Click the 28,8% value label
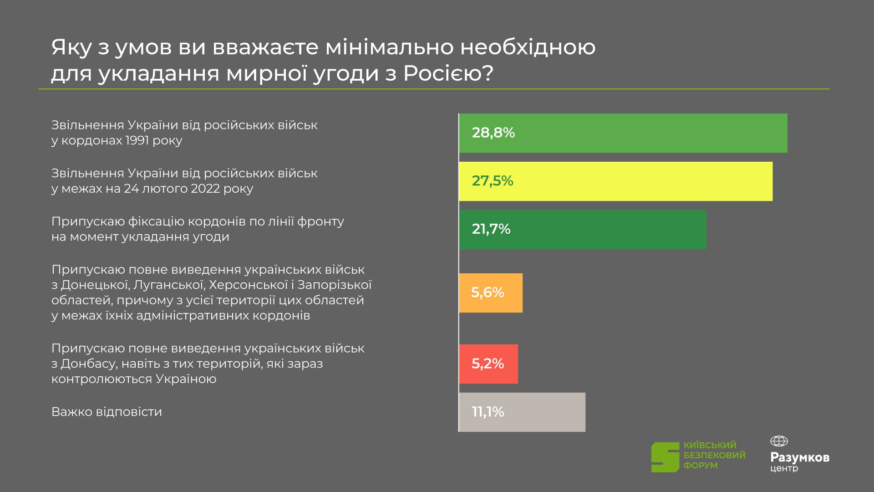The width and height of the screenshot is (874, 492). pos(493,133)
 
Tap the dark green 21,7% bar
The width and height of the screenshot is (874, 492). pos(583,229)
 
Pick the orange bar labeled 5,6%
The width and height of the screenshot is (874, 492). pos(491,292)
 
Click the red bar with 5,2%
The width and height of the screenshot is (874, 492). pos(488,364)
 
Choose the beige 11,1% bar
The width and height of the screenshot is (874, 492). pos(522,412)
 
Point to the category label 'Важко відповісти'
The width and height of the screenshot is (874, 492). pos(107,412)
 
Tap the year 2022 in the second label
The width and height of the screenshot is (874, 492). pos(206,189)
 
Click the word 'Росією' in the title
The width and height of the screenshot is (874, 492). pos(448,73)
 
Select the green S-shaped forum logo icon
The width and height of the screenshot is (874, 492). pos(665,457)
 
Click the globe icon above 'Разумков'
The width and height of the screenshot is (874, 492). pos(779,441)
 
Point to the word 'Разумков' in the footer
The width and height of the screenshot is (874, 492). pos(800,457)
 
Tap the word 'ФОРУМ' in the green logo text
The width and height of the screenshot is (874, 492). pos(700,466)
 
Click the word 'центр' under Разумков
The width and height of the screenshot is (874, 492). pos(784,469)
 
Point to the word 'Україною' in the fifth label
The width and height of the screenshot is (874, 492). pos(186,379)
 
